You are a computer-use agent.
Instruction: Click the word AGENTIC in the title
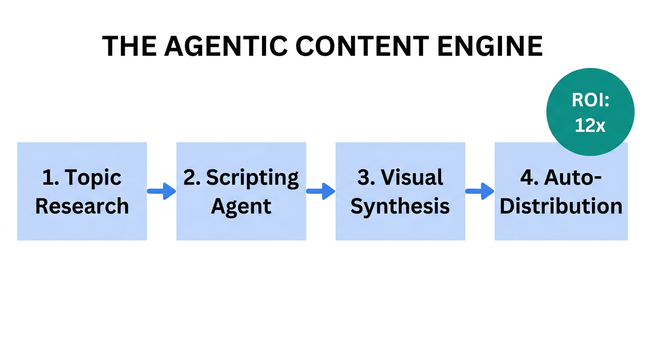(225, 46)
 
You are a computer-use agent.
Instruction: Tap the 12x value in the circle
(590, 126)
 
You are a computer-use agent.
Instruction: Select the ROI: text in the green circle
(590, 100)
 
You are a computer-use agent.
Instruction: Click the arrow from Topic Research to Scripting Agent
(161, 191)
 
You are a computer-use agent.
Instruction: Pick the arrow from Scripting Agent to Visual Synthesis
(321, 191)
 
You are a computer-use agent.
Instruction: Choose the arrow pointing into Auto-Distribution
(480, 191)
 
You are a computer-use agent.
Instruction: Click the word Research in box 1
(82, 206)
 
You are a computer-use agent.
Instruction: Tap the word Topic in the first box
(93, 178)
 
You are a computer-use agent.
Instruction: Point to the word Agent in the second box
(241, 207)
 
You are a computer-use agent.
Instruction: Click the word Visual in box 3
(412, 178)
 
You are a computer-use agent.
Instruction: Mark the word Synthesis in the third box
(400, 207)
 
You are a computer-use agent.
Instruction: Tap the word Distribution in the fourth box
(561, 206)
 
